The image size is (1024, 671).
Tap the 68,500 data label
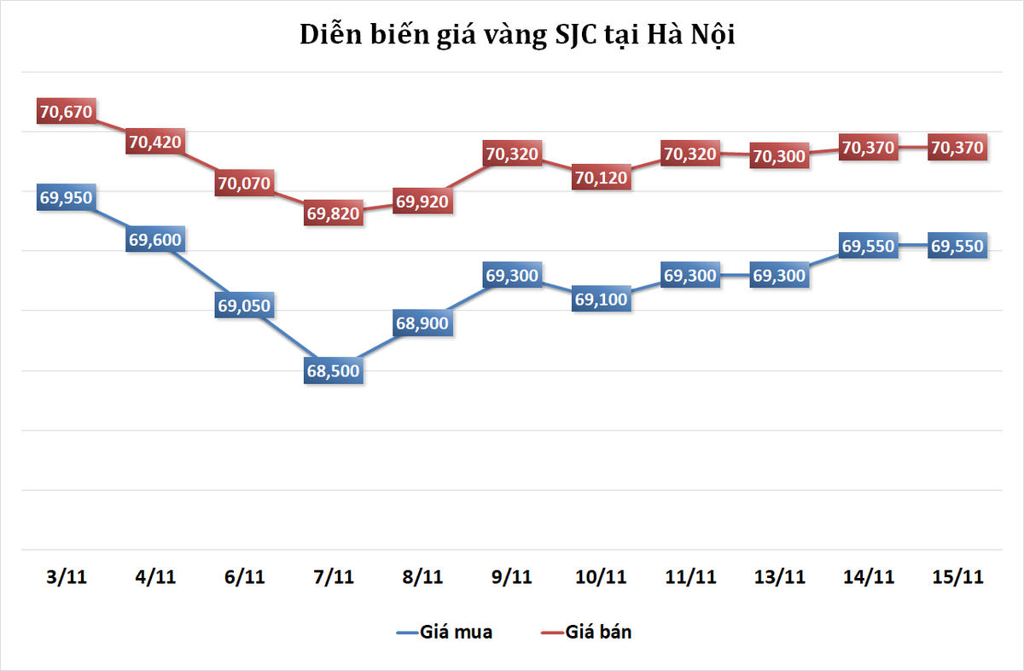[x=334, y=371]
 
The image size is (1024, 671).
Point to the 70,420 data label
[x=155, y=142]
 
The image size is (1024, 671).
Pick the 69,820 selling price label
[x=334, y=214]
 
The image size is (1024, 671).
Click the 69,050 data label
[x=244, y=306]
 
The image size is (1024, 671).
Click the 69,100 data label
[x=602, y=300]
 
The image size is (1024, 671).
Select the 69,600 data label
[x=155, y=240]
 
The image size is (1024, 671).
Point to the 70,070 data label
[x=244, y=184]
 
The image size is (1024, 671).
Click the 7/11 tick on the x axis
[x=334, y=577]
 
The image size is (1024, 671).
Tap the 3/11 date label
[x=66, y=577]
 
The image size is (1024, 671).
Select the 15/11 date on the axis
[x=958, y=577]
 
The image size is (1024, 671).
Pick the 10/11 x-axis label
[x=602, y=577]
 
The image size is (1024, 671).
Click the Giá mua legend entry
[x=444, y=633]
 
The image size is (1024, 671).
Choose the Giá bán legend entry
[x=588, y=633]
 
